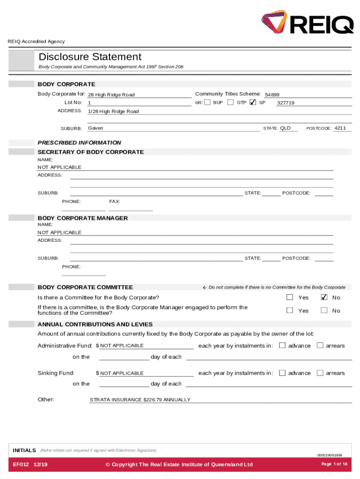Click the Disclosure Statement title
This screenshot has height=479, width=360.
90,57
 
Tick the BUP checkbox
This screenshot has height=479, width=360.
208,102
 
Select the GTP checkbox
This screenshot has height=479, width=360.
230,102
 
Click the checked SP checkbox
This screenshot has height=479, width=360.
253,102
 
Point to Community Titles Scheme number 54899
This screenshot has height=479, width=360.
272,95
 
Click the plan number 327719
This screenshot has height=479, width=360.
286,103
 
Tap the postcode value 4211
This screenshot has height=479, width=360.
340,128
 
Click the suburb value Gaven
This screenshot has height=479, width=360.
95,128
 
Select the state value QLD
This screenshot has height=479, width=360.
285,128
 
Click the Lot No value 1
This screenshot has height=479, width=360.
89,103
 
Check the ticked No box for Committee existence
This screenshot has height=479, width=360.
324,297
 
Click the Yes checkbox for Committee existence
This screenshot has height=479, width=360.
290,297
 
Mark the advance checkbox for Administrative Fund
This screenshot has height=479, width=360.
282,346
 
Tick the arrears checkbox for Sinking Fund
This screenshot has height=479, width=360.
320,373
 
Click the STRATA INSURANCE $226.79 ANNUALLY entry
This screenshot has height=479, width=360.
140,400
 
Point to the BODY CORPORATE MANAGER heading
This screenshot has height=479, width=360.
83,218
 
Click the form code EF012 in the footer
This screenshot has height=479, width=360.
21,464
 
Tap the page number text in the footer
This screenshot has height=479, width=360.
334,464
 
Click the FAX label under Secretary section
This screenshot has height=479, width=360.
115,202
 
